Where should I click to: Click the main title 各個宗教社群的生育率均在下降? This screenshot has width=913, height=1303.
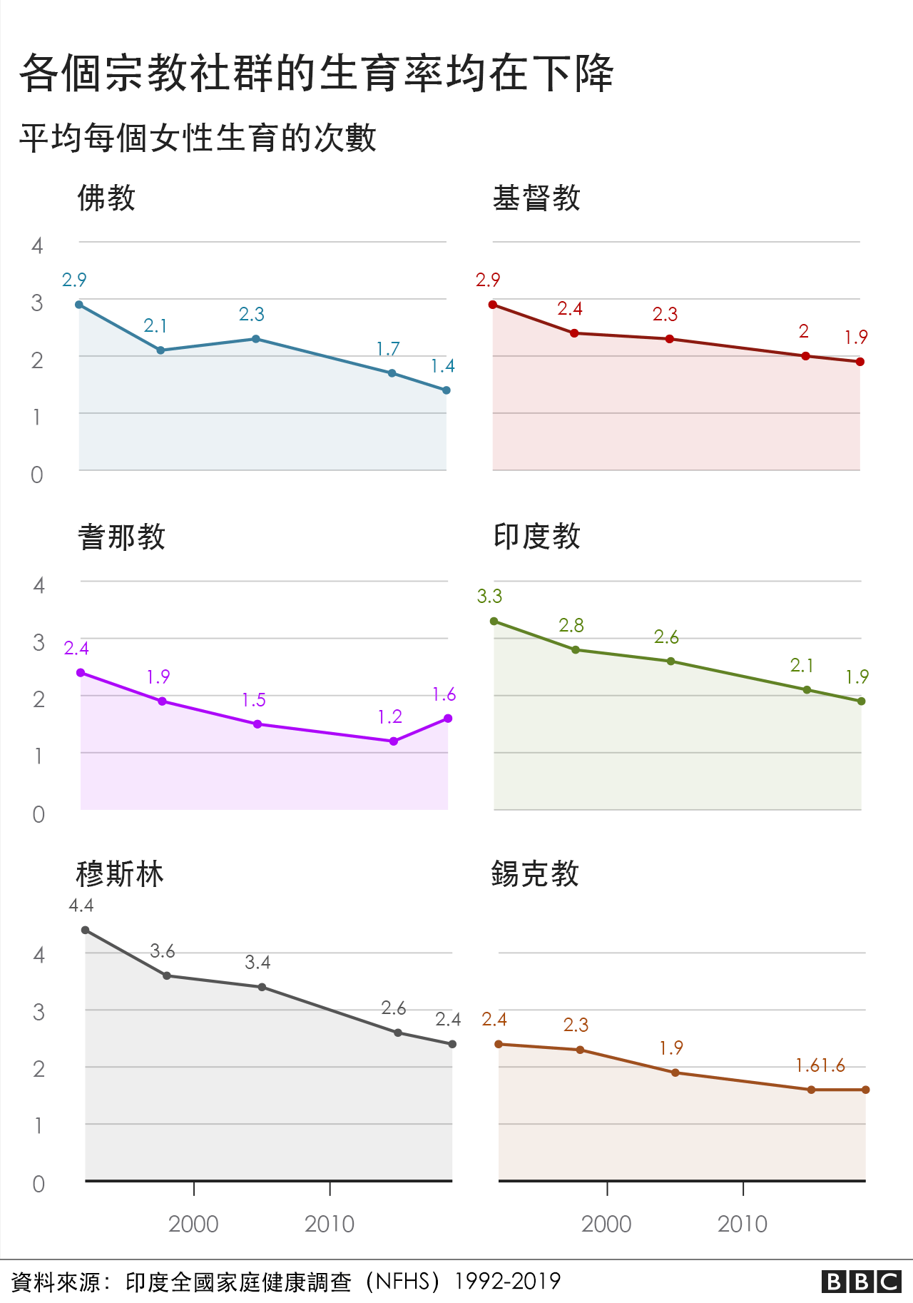pyautogui.click(x=317, y=73)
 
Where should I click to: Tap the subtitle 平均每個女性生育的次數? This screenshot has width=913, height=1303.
pyautogui.click(x=198, y=138)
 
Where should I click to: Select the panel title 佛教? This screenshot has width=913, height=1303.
pyautogui.click(x=106, y=198)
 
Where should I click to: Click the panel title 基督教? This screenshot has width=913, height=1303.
pyautogui.click(x=536, y=198)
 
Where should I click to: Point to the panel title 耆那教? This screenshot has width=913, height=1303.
pyautogui.click(x=121, y=537)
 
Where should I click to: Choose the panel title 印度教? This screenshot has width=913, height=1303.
pyautogui.click(x=536, y=537)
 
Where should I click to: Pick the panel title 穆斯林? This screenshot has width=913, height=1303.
pyautogui.click(x=120, y=874)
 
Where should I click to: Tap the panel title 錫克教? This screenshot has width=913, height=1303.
pyautogui.click(x=535, y=874)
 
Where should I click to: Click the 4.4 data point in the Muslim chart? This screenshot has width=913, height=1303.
pyautogui.click(x=86, y=930)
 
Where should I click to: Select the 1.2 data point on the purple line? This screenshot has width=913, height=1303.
pyautogui.click(x=394, y=741)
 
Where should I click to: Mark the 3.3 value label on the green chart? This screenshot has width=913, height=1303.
pyautogui.click(x=489, y=597)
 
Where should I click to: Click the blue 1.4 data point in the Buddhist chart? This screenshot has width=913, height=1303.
pyautogui.click(x=447, y=390)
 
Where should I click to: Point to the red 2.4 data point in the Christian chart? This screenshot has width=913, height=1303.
pyautogui.click(x=574, y=333)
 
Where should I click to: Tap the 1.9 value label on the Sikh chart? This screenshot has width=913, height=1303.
pyautogui.click(x=671, y=1048)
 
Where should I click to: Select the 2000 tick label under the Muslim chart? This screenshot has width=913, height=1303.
pyautogui.click(x=193, y=1225)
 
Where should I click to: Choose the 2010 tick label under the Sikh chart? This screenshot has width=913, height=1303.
pyautogui.click(x=743, y=1225)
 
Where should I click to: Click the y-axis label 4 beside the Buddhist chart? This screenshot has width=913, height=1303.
pyautogui.click(x=37, y=246)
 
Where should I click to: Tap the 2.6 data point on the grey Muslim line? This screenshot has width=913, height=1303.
pyautogui.click(x=398, y=1033)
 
